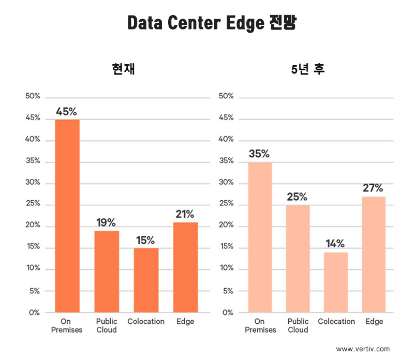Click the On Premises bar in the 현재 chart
click(x=67, y=216)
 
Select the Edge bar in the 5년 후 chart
click(x=374, y=254)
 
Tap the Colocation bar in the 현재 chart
click(x=146, y=280)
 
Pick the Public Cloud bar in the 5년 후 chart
click(x=298, y=259)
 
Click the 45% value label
click(x=66, y=112)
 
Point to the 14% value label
click(x=335, y=244)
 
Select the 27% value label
click(x=373, y=188)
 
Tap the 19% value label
click(x=107, y=223)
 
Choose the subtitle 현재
click(x=123, y=70)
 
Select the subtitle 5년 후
click(x=308, y=70)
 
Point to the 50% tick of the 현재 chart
click(x=32, y=96)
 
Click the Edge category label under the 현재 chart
click(x=185, y=321)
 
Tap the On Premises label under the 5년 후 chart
click(x=260, y=325)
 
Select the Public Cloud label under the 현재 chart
click(x=107, y=325)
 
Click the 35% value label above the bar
click(x=259, y=154)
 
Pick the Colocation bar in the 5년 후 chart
click(x=335, y=282)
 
